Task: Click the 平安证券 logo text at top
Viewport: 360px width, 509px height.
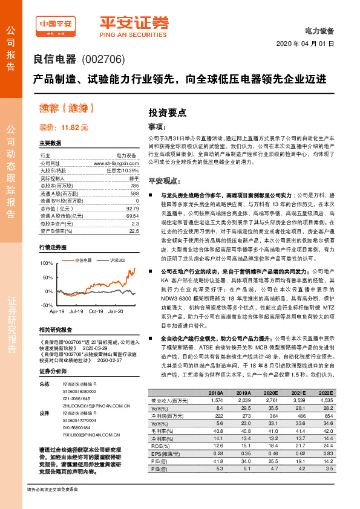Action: (134, 22)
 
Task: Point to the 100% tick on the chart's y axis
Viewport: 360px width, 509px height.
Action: (47, 264)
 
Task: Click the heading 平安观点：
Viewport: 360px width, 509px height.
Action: (165, 181)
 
